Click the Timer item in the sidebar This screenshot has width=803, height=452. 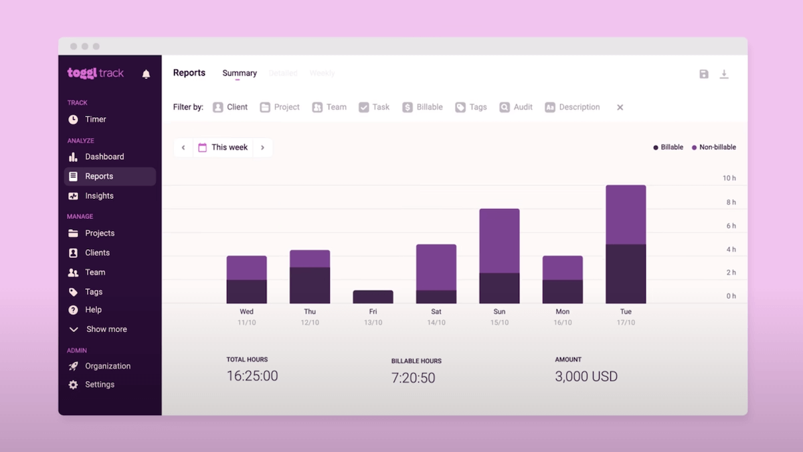click(95, 119)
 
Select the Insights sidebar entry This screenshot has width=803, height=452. click(98, 196)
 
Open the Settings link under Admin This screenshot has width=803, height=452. click(99, 384)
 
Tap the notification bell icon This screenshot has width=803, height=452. click(146, 74)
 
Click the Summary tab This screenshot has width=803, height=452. click(240, 73)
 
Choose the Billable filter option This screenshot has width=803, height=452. click(422, 107)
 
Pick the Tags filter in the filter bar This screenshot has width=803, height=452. click(470, 107)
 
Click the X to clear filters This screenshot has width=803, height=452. click(620, 107)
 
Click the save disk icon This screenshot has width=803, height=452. click(704, 74)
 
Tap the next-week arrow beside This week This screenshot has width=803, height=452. click(262, 147)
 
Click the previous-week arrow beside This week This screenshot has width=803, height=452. click(183, 147)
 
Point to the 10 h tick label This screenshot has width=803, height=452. click(729, 178)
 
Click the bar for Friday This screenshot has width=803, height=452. click(373, 297)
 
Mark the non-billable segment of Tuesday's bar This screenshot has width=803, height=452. click(626, 214)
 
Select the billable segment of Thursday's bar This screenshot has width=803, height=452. click(310, 285)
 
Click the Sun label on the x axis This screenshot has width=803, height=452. click(499, 311)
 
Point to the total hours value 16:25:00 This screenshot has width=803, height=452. click(252, 376)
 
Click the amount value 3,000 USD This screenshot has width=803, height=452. click(586, 376)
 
